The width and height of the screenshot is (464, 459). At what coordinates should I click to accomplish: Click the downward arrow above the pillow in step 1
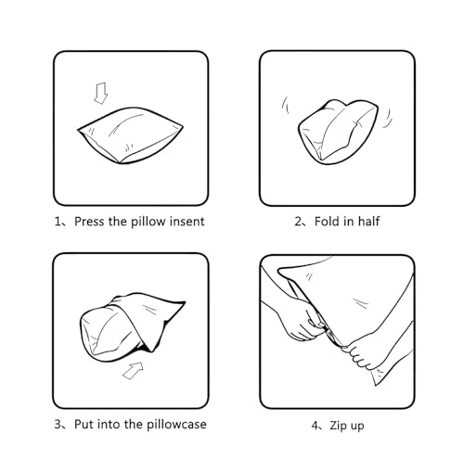pyautogui.click(x=101, y=93)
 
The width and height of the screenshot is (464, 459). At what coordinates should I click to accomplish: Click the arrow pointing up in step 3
pyautogui.click(x=133, y=370)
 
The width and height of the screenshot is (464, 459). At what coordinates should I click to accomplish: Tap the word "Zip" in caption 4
pyautogui.click(x=338, y=426)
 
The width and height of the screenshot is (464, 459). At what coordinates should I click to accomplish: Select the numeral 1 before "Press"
pyautogui.click(x=58, y=222)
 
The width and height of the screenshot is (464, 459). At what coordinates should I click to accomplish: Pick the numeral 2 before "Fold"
pyautogui.click(x=298, y=222)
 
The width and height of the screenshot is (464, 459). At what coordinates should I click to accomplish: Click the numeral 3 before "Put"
pyautogui.click(x=58, y=425)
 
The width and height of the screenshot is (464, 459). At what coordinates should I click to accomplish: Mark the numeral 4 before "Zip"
pyautogui.click(x=315, y=426)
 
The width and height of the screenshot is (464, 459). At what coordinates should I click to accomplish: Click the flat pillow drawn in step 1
pyautogui.click(x=130, y=135)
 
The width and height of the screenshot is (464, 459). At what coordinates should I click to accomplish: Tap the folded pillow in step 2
pyautogui.click(x=338, y=132)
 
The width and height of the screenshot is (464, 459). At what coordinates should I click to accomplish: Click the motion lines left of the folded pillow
pyautogui.click(x=286, y=106)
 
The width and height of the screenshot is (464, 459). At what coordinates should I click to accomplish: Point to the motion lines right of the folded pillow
pyautogui.click(x=388, y=119)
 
